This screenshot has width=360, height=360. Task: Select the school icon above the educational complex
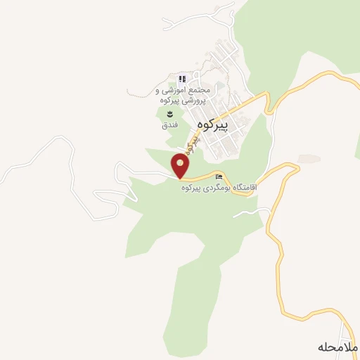pyautogui.click(x=181, y=79)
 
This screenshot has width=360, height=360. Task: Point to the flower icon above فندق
pyautogui.click(x=169, y=114)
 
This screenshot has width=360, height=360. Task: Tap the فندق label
pyautogui.click(x=169, y=124)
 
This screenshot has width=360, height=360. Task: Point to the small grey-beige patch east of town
pyautogui.click(x=308, y=159)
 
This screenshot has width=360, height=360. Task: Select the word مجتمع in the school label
pyautogui.click(x=198, y=91)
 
